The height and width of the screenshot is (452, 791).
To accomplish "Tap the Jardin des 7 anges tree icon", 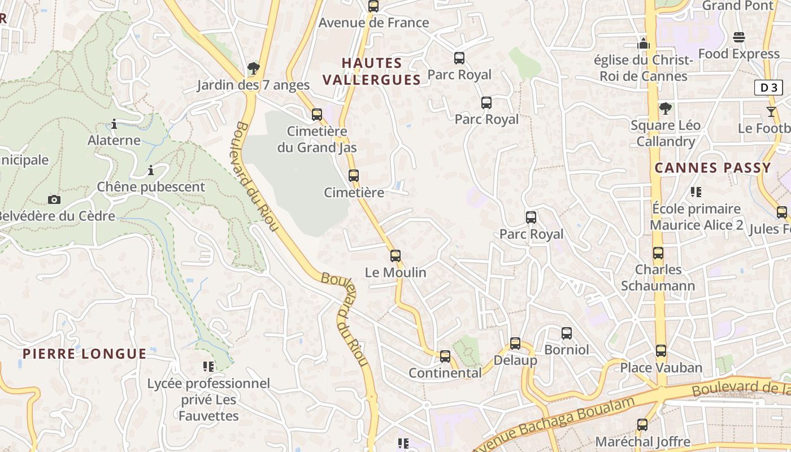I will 253,69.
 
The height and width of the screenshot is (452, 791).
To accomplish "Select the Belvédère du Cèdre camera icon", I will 54,199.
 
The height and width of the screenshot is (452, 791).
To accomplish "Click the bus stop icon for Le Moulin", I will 395,256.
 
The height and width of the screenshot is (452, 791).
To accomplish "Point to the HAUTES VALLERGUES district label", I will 372,71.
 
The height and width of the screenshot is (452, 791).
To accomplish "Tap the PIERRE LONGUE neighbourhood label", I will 85,354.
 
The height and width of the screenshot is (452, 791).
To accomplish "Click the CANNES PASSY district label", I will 713,168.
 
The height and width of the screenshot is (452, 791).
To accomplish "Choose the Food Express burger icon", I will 739,37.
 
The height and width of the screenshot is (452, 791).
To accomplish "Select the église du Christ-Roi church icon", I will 644,44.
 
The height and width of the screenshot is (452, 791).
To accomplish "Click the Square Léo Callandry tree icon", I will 666,108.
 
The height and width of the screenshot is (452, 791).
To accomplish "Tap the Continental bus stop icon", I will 445,357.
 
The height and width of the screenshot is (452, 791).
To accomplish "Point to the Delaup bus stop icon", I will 515,344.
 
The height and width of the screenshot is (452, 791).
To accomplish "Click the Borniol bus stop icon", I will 567,333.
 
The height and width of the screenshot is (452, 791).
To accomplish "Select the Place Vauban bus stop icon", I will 661,351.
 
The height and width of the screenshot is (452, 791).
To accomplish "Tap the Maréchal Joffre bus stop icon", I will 642,425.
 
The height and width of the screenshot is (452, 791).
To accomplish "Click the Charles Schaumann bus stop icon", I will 658,253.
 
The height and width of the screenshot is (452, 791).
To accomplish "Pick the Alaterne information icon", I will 114,124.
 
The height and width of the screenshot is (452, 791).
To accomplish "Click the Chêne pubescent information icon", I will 151,170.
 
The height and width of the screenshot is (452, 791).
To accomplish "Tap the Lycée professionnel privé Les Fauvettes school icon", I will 208,367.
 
